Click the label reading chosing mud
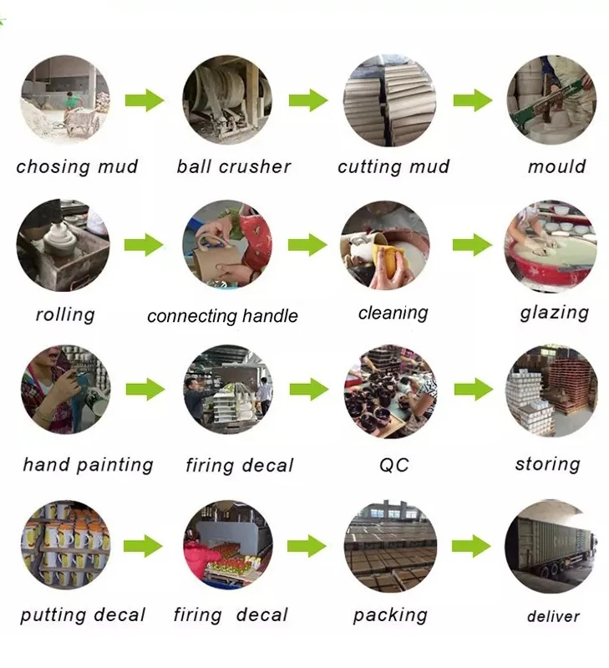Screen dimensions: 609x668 coord(77,166)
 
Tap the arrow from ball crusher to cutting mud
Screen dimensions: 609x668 coord(308,101)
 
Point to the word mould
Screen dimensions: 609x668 coord(556,166)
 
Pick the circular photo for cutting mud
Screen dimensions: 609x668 coord(389,100)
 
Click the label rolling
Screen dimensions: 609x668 coord(65,315)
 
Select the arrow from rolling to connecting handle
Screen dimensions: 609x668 coord(144,245)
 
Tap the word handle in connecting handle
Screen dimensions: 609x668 coord(266,316)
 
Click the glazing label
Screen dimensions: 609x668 coord(554,313)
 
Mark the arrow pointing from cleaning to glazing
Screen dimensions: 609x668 coord(472,245)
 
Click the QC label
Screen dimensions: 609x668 coord(393,464)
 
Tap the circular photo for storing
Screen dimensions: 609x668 coord(551,391)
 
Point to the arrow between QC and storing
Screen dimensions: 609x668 coord(473,389)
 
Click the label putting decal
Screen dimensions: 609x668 coord(83,616)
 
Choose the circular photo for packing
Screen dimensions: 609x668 coord(390,545)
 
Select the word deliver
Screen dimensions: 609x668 coord(553,617)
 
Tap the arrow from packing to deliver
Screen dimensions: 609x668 coord(472,547)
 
